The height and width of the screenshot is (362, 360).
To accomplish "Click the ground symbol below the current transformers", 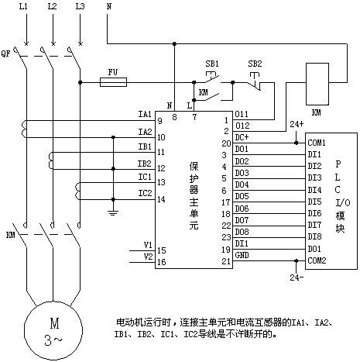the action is [x=113, y=213].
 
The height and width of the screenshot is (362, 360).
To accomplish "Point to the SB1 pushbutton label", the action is [x=212, y=64].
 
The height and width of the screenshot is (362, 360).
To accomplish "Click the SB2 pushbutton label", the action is [x=255, y=64].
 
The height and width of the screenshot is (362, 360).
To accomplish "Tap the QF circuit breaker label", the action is [x=6, y=53].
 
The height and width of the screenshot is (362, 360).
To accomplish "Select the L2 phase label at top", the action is [x=53, y=6].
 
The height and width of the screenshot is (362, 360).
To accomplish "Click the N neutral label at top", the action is [x=109, y=6].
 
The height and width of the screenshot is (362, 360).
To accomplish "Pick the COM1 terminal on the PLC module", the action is [x=317, y=143].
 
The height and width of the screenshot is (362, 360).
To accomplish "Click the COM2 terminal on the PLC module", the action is [x=317, y=260].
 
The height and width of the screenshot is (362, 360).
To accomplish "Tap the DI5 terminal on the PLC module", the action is [x=314, y=202].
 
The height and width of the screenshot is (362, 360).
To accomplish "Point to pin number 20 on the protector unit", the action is [x=226, y=143].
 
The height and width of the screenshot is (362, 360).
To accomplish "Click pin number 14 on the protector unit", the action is [x=161, y=199].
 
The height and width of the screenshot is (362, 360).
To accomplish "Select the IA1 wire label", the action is [x=145, y=114].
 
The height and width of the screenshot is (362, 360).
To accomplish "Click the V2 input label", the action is [x=149, y=257].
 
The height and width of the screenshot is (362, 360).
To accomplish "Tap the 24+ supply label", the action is [x=297, y=124].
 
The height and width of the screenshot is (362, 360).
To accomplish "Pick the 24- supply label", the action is [x=297, y=278].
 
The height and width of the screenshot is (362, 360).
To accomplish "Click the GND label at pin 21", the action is [x=242, y=255].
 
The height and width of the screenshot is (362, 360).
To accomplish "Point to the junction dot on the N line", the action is [x=174, y=43].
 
